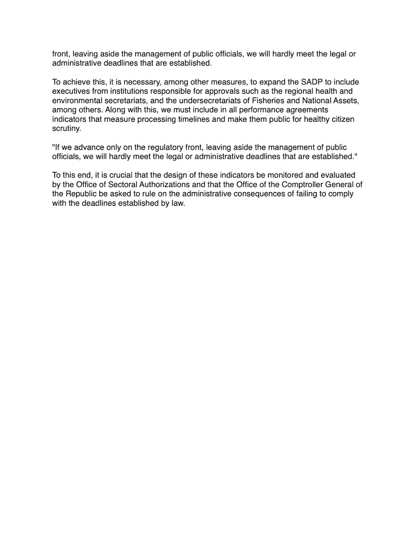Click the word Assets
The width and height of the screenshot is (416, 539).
point(344,100)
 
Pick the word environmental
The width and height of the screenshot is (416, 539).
point(76,100)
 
